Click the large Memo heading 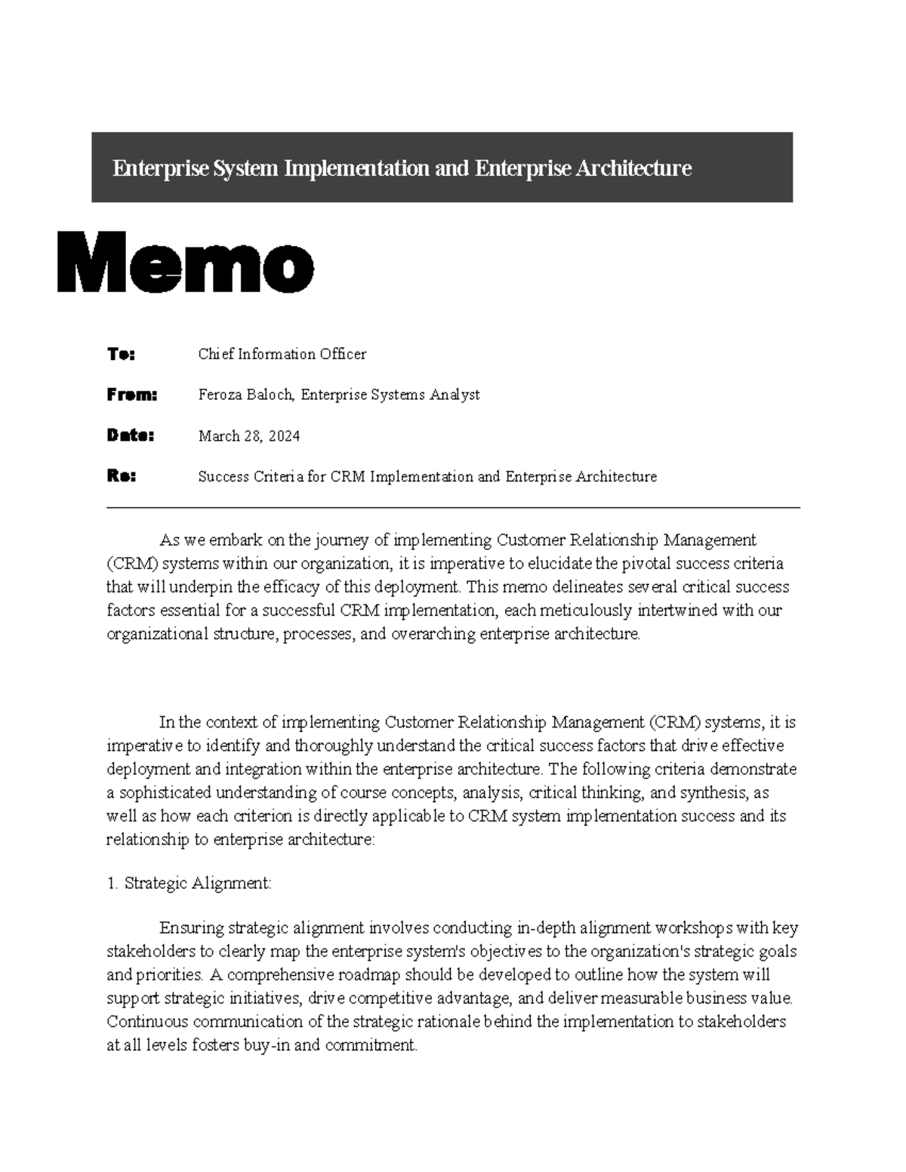185,263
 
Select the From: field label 131,395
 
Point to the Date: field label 130,435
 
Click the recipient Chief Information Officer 282,354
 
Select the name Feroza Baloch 246,395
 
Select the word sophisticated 165,793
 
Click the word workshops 695,928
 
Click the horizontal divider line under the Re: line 453,509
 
